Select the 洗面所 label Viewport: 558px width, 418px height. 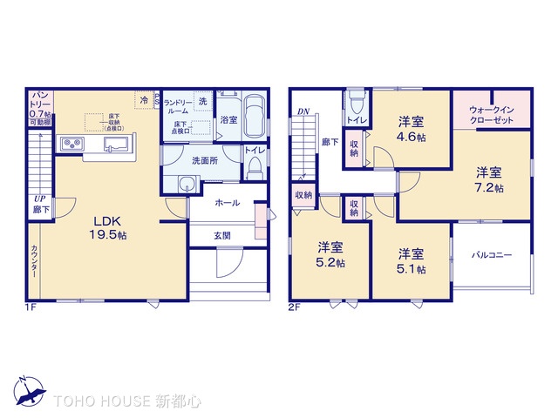[x=205, y=162]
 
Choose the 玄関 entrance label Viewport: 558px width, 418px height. [x=222, y=235]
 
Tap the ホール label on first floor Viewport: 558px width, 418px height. [x=227, y=202]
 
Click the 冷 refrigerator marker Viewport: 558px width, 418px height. [x=143, y=101]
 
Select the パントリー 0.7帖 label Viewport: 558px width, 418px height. [x=41, y=108]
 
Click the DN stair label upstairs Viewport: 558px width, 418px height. [x=303, y=111]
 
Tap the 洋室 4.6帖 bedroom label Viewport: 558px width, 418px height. [x=412, y=130]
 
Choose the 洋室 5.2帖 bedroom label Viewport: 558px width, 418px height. [x=330, y=254]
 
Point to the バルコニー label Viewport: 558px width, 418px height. [x=492, y=256]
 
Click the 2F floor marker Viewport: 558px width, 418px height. [x=294, y=307]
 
